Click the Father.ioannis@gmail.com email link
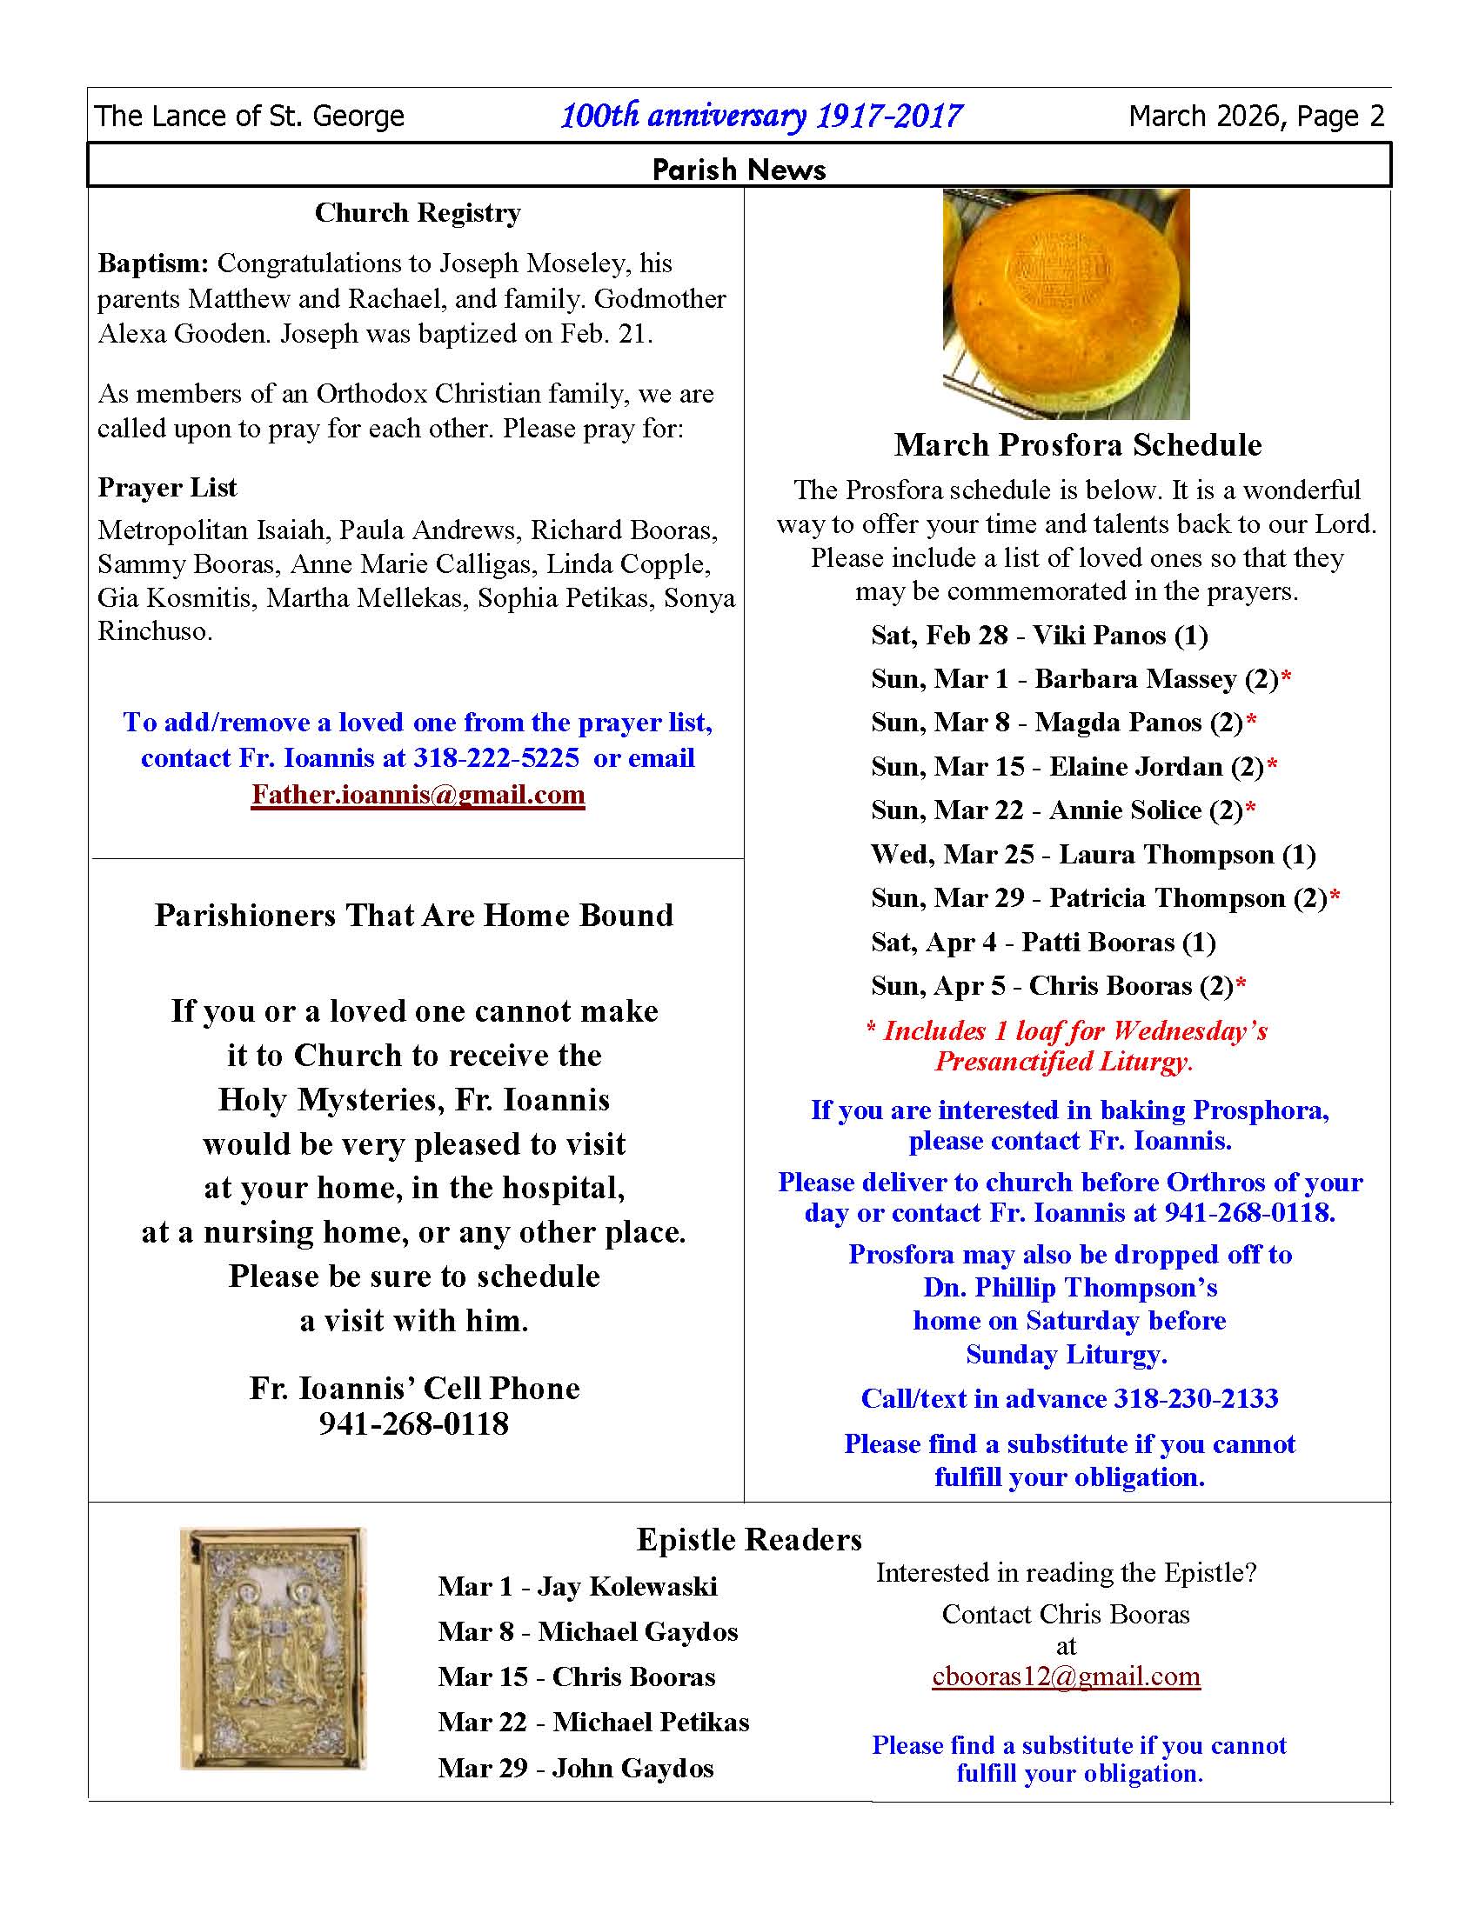tap(418, 795)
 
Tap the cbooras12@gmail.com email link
tap(1066, 1676)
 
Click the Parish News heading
tap(739, 169)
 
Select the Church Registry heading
tap(418, 213)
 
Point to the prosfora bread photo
tap(1066, 304)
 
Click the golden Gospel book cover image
tap(272, 1648)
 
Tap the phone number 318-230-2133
tap(1196, 1398)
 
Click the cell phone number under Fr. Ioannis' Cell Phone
tap(413, 1424)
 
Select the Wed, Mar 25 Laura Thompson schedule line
tap(1093, 854)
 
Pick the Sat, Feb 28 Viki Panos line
tap(1039, 635)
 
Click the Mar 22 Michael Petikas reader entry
tap(593, 1722)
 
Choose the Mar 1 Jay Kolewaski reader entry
tap(578, 1586)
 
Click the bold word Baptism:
tap(153, 263)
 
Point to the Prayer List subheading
tap(167, 487)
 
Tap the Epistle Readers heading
tap(749, 1539)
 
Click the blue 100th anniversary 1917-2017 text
tap(760, 117)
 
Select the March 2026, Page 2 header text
tap(1256, 117)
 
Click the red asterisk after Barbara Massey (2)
tap(1285, 677)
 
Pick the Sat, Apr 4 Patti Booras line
tap(1042, 942)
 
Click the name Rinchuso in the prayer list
tap(153, 631)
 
